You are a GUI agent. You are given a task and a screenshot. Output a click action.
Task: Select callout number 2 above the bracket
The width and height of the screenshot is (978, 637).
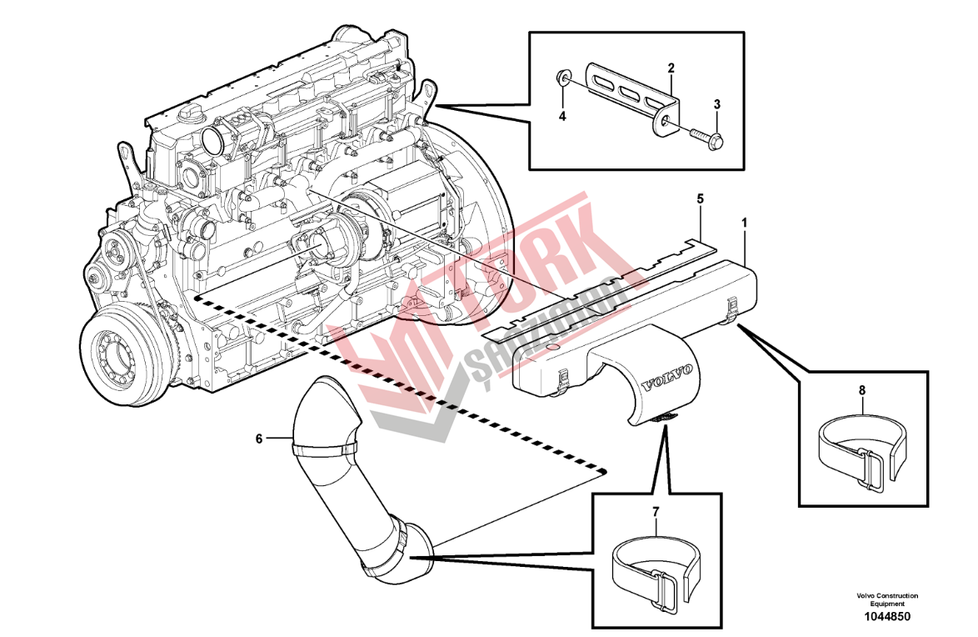[x=671, y=66]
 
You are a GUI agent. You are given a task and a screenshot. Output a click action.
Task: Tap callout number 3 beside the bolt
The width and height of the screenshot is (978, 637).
[x=716, y=104]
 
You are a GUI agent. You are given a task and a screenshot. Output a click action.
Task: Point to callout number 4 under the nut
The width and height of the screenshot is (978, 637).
[x=562, y=117]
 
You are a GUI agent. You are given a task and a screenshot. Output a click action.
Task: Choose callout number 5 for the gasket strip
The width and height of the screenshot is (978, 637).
[x=700, y=198]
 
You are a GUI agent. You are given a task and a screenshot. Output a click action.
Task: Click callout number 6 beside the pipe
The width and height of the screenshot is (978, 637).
[x=259, y=438]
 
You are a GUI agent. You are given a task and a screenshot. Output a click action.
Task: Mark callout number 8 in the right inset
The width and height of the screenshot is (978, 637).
[x=862, y=389]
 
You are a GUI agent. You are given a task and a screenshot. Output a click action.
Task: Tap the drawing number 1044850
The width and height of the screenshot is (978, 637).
[x=886, y=617]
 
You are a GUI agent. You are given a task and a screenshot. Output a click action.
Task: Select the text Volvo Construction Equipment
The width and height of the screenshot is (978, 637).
[x=886, y=599]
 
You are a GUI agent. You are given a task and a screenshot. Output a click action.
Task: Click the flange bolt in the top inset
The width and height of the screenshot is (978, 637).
[x=706, y=136]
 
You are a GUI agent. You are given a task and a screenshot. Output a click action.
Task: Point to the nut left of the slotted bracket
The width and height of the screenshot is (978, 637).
[x=563, y=80]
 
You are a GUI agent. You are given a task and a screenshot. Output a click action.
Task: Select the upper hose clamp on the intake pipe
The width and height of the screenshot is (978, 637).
[x=323, y=450]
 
